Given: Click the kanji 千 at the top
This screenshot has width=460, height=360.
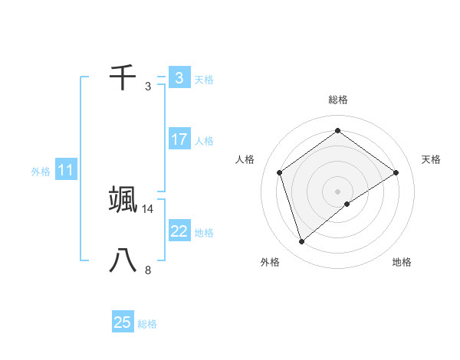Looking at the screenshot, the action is (123, 77).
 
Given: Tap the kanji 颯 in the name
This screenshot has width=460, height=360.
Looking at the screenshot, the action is (123, 198).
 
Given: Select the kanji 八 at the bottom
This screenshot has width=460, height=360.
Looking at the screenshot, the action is (123, 260).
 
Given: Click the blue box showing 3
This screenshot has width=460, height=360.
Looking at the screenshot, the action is (179, 77).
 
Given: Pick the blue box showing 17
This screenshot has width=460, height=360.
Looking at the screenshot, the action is (179, 139).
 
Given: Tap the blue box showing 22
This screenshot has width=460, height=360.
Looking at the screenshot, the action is (179, 231).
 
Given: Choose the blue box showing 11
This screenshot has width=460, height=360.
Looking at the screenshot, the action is (66, 171).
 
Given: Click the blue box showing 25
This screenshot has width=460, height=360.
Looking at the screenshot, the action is (123, 322).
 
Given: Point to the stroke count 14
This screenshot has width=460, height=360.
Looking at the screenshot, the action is (148, 208).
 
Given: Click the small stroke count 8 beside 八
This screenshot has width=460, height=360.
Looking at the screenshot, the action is (148, 270).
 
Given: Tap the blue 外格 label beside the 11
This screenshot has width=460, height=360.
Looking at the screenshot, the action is (41, 172).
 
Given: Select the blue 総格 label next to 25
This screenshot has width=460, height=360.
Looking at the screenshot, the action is (147, 324).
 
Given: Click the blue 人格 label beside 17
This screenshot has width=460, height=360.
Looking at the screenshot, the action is (204, 141).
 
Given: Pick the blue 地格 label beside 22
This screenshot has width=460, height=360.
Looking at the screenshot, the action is (204, 233).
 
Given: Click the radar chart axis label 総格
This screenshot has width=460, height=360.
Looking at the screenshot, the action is (338, 100).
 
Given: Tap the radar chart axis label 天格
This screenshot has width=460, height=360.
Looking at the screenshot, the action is (431, 159).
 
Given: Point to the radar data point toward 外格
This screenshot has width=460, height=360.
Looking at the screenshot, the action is (302, 242).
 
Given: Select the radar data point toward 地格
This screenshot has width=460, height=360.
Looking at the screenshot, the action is (347, 204).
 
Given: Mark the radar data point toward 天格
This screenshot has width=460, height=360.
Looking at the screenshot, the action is (396, 172).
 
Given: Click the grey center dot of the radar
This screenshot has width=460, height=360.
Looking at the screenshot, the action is (338, 191).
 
